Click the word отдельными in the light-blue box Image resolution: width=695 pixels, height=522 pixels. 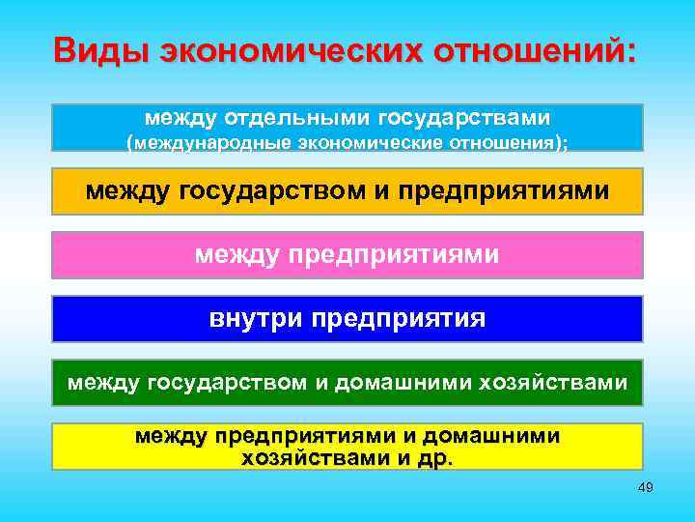point(293,118)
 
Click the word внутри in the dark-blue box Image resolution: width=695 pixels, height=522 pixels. point(249,318)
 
